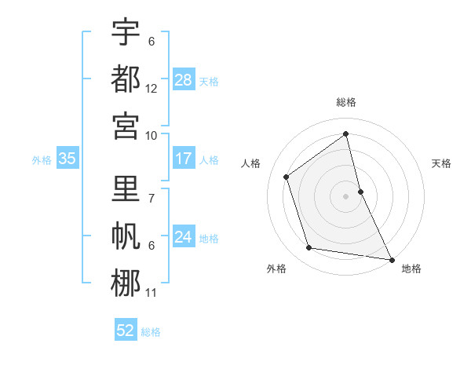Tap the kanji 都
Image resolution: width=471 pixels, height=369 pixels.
[126, 79]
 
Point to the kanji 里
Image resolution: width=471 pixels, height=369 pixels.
[126, 190]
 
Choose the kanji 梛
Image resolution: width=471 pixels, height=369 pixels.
[126, 283]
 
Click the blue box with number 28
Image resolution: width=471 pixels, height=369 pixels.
[184, 79]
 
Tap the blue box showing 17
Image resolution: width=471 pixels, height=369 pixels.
[184, 159]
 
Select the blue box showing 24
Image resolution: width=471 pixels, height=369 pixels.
[184, 237]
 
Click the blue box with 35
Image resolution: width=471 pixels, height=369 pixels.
[68, 159]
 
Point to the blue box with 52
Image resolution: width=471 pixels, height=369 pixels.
[126, 331]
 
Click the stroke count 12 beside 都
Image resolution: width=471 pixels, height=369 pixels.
[152, 89]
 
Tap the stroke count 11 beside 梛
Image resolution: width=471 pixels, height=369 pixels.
[152, 293]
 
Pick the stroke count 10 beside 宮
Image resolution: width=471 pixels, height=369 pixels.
[152, 135]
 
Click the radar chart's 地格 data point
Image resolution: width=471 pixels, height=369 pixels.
[391, 258]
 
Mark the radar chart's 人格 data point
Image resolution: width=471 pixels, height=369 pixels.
[287, 177]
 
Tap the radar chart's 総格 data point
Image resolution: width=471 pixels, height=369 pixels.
[345, 133]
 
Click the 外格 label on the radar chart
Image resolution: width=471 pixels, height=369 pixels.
[276, 269]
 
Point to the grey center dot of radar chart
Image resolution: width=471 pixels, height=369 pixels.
[345, 195]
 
